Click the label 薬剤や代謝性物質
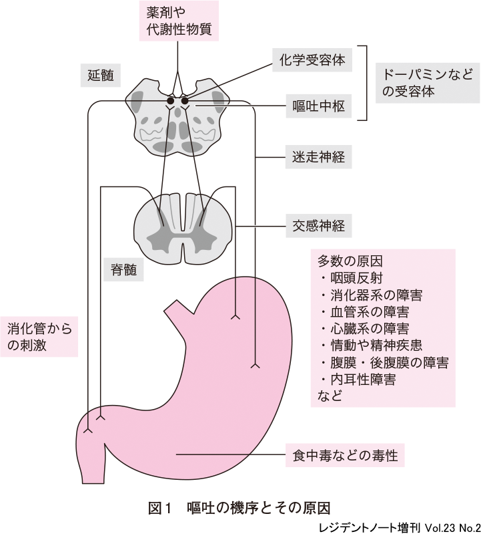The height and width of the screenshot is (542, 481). pyautogui.click(x=178, y=21)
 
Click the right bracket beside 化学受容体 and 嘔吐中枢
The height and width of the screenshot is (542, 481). pyautogui.click(x=365, y=83)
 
